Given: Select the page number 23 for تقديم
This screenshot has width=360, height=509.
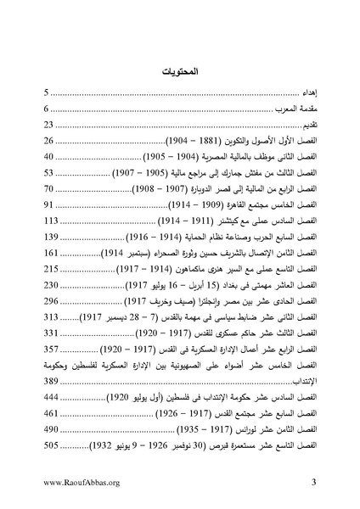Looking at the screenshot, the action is click(51, 126).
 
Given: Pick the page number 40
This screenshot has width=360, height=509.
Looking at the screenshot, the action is click(51, 157).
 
